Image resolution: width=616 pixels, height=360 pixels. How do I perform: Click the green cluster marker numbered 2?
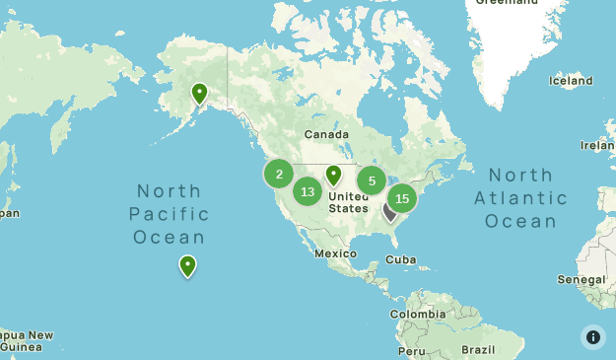click(279, 175)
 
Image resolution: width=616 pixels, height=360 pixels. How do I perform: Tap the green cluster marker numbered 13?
click(308, 191)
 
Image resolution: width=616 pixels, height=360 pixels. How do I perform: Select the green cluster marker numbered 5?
click(372, 180)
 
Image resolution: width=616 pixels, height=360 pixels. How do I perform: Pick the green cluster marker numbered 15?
click(401, 198)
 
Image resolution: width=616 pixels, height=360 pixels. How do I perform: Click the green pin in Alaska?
click(200, 94)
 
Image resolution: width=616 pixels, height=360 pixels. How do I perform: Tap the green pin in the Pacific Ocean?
click(187, 265)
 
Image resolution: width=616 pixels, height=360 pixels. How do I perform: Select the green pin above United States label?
click(334, 176)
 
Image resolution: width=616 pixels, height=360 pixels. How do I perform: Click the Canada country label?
click(326, 134)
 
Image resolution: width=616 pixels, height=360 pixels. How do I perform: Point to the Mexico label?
click(334, 253)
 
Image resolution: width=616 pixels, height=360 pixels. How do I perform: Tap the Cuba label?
click(401, 259)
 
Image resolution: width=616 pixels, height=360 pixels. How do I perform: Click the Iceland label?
click(572, 82)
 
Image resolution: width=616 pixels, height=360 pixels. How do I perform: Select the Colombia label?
click(417, 314)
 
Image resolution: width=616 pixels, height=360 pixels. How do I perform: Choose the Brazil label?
click(477, 350)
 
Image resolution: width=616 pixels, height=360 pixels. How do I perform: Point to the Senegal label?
click(581, 280)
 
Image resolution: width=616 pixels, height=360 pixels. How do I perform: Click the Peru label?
click(412, 351)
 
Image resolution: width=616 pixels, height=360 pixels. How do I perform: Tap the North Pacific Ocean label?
click(169, 214)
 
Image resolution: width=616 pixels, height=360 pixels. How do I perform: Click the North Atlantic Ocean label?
click(521, 198)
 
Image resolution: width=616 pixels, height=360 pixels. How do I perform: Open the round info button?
click(593, 337)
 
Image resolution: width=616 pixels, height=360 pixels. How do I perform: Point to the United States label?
click(348, 202)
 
